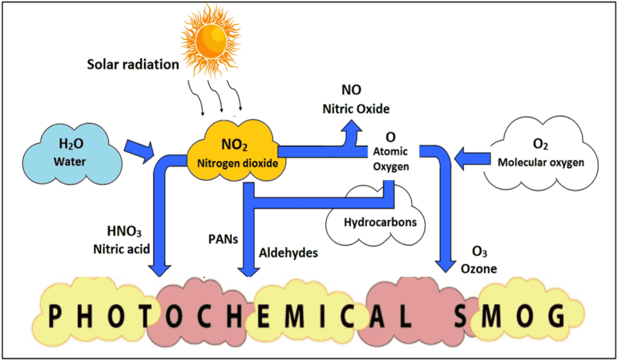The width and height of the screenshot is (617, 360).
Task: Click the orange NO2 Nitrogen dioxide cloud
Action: [234, 153]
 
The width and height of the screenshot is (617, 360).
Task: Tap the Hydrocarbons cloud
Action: [380, 222]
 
